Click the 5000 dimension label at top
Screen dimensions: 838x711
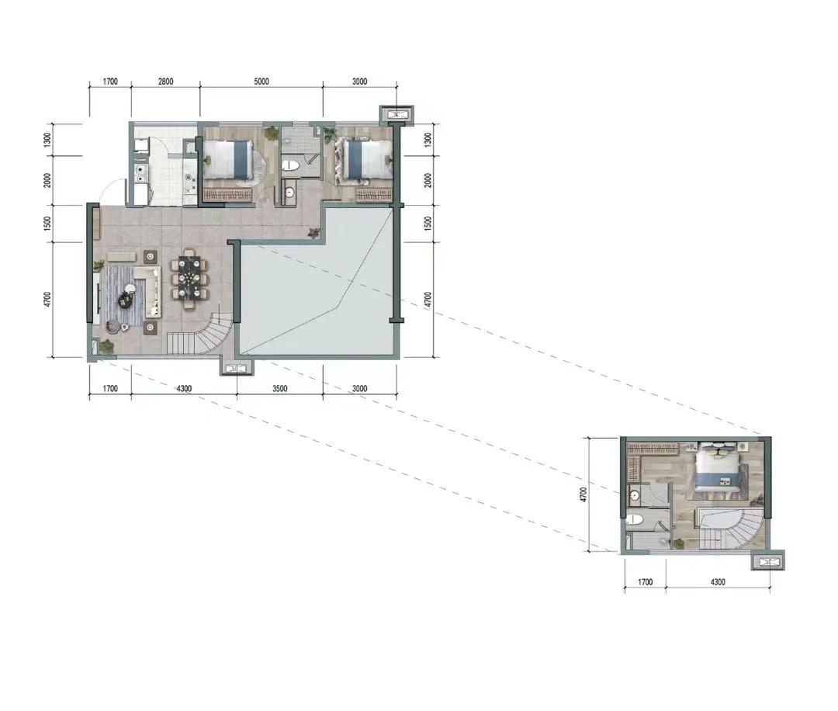pyautogui.click(x=261, y=82)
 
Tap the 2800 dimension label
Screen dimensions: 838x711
pyautogui.click(x=166, y=82)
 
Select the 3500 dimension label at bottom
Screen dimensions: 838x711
pyautogui.click(x=279, y=389)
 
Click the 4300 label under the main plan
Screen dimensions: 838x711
pyautogui.click(x=184, y=389)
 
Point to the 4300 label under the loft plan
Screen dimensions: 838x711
pyautogui.click(x=718, y=581)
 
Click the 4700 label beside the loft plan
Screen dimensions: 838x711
pyautogui.click(x=583, y=494)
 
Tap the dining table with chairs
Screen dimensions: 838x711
pyautogui.click(x=189, y=278)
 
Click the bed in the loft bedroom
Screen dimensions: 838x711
pyautogui.click(x=718, y=467)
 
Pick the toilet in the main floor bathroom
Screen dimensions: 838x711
pyautogui.click(x=289, y=165)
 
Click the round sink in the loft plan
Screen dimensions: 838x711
pyautogui.click(x=635, y=495)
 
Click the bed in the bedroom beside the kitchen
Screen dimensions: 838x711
pyautogui.click(x=229, y=159)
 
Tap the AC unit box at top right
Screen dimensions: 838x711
pyautogui.click(x=396, y=114)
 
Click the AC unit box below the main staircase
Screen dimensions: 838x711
pyautogui.click(x=237, y=368)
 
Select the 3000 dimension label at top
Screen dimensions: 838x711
pyautogui.click(x=360, y=82)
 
